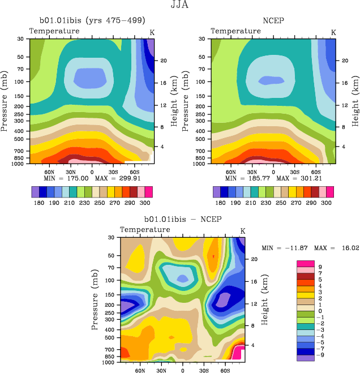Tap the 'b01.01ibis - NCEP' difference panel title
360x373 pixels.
(182, 220)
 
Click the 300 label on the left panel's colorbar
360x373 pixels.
(145, 203)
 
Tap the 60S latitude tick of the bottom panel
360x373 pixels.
(225, 370)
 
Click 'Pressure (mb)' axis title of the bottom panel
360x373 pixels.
(95, 299)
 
